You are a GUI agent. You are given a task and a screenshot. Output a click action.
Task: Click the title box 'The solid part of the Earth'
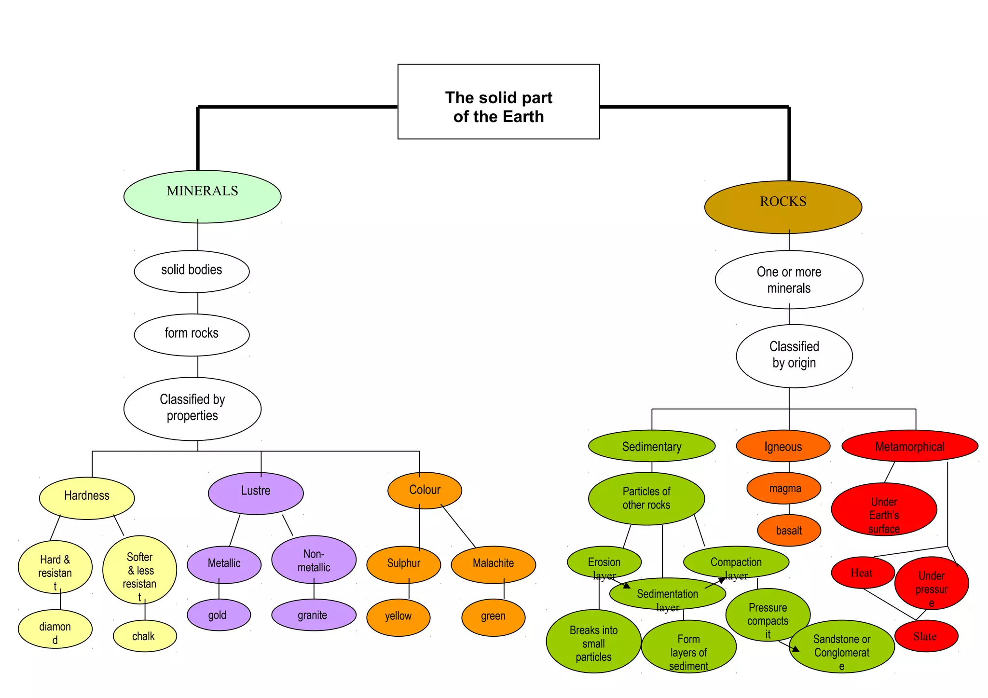498,102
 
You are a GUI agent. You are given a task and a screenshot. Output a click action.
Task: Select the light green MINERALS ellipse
202,196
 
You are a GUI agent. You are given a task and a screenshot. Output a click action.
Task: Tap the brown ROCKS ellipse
783,207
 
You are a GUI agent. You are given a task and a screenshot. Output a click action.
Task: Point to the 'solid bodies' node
192,271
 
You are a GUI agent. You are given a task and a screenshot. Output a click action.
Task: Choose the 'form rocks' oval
192,334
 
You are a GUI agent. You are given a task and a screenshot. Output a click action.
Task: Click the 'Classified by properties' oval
192,409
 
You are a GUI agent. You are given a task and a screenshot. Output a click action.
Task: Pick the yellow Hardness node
87,498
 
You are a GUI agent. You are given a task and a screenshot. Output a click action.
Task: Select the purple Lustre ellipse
256,493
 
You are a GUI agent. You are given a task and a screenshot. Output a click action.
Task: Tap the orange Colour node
425,490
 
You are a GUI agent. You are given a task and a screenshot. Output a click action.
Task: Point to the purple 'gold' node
219,615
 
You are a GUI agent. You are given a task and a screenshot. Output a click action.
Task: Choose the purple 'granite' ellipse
314,615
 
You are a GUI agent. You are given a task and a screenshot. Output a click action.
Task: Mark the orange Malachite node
493,564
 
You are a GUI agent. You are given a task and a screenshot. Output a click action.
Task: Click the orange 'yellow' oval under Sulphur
398,617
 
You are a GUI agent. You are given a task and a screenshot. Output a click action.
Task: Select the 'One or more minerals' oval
789,280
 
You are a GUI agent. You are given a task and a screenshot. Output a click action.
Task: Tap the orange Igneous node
783,446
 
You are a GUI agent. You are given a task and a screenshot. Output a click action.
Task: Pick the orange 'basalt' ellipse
789,530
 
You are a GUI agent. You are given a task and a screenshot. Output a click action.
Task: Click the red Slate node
926,636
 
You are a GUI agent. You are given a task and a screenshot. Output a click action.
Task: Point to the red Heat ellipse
863,573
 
